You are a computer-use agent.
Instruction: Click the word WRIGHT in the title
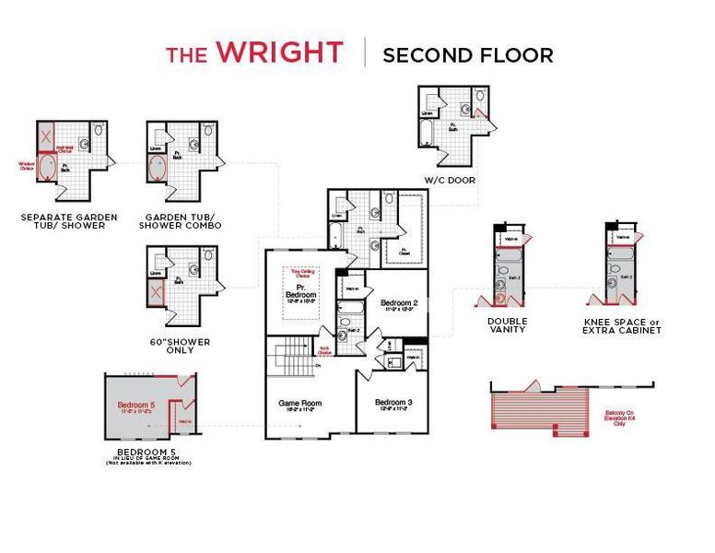279,53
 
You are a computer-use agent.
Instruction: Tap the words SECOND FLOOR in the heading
467,54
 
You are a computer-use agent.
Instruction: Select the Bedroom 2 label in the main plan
399,305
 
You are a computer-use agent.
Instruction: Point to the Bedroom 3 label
393,404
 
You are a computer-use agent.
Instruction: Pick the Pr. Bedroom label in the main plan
300,298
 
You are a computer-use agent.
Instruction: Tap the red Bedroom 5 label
135,406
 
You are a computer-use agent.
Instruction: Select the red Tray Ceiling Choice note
300,275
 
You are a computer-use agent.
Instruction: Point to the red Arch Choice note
324,351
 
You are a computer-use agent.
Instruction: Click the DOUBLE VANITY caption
508,325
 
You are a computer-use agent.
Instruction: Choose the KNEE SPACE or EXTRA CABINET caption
623,325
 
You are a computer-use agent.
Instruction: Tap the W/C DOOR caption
450,180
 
